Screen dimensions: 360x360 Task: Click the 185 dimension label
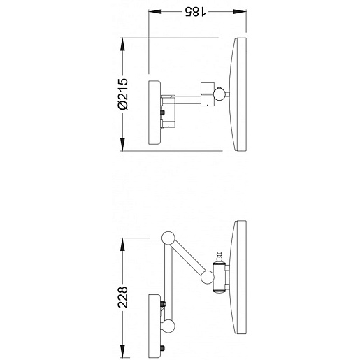tap(195, 11)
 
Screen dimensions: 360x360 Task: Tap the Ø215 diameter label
tap(123, 94)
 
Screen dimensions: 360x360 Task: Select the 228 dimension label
tap(123, 297)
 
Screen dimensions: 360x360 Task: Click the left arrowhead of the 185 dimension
tap(155, 11)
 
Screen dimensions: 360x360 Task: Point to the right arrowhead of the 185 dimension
tap(240, 11)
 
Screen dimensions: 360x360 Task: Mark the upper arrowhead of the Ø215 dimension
tap(122, 44)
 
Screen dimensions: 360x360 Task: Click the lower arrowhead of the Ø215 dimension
tap(122, 145)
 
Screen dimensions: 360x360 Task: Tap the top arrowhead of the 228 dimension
tap(122, 244)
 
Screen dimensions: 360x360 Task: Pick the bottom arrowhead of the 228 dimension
tap(122, 351)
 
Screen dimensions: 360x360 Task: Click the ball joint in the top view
tap(219, 94)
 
